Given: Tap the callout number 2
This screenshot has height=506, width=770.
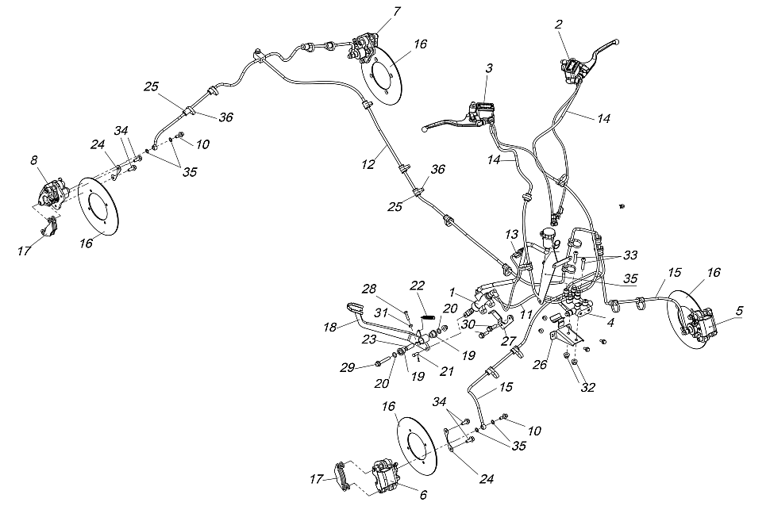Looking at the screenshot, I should (x=559, y=25).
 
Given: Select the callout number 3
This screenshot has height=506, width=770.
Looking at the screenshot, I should (x=489, y=70).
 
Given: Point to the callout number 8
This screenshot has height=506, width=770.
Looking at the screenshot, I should (x=34, y=160).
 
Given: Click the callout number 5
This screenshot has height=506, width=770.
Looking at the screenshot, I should (x=738, y=311).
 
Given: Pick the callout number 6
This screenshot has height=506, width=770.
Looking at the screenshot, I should (x=423, y=494).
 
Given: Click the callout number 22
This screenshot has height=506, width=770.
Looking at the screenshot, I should (x=418, y=286).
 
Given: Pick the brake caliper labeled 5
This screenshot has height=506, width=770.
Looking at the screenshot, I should (x=703, y=324).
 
